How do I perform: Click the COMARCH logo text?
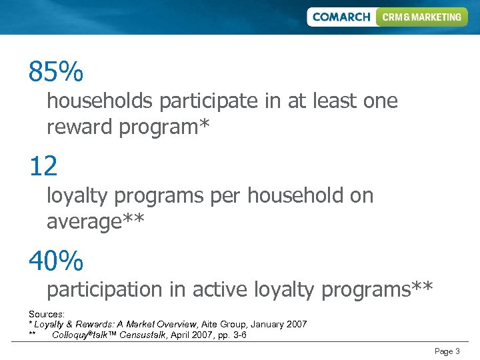point(341,17)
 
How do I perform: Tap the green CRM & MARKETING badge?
point(422,17)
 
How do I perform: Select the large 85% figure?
point(56,72)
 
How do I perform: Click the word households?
point(99,101)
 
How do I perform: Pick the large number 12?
point(43,167)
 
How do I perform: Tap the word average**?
point(95,221)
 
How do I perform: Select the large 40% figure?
point(56,261)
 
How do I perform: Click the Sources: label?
point(47,313)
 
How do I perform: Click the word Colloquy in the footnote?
point(71,335)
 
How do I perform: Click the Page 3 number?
point(447,351)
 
